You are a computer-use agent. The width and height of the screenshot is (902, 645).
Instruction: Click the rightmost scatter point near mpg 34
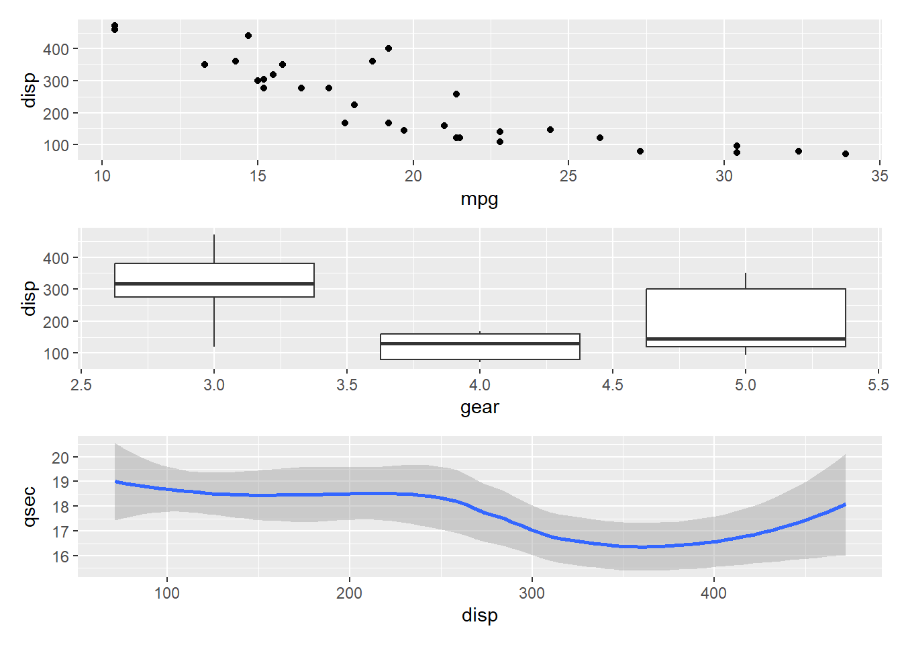tap(846, 154)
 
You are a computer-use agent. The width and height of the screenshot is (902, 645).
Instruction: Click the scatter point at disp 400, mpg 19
tap(389, 48)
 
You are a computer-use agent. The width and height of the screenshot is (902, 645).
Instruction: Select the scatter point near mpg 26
tap(600, 138)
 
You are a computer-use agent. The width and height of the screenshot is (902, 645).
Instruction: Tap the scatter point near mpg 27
tap(640, 151)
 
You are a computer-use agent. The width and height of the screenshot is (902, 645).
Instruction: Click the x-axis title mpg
tap(479, 199)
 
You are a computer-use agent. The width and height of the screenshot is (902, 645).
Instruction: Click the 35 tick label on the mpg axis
tap(879, 176)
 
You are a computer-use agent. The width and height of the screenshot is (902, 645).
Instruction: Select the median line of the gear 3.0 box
tap(214, 284)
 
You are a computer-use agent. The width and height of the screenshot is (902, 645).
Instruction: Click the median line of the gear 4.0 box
tap(480, 343)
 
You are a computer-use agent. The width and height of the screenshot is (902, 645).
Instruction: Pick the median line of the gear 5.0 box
tap(746, 339)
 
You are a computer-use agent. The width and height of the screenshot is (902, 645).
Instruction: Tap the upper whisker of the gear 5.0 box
tap(746, 281)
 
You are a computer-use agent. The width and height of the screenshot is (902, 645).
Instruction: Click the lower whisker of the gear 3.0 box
tap(214, 322)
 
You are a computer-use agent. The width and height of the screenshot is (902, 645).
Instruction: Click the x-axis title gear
tap(479, 407)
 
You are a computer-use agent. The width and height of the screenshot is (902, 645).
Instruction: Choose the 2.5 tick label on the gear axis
tap(81, 385)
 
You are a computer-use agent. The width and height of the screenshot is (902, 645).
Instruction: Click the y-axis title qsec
tap(29, 507)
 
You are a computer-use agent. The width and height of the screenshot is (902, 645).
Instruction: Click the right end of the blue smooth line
tap(844, 505)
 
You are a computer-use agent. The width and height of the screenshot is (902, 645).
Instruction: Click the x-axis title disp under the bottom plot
tap(479, 615)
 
